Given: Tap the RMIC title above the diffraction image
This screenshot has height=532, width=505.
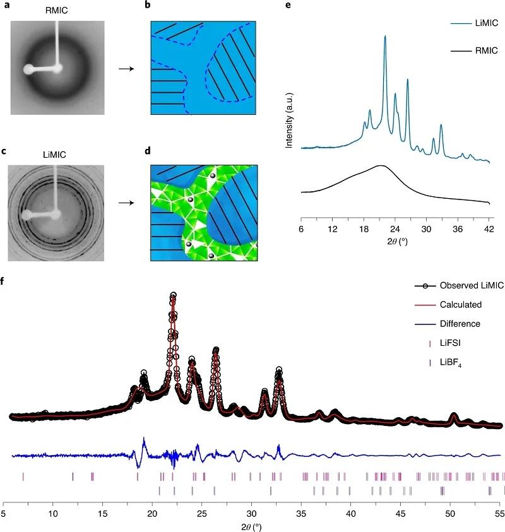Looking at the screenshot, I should (x=57, y=10).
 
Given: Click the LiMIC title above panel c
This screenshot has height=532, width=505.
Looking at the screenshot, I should (x=57, y=153).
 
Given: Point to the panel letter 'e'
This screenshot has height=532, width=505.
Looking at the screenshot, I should (x=288, y=6).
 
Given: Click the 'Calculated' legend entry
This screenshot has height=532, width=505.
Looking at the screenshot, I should (x=463, y=305).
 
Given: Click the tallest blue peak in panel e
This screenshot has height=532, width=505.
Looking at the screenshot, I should (x=385, y=38).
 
